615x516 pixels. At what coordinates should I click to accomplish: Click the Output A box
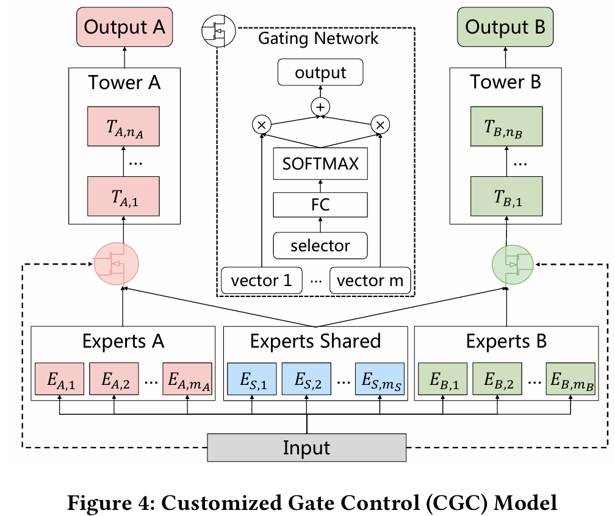124,27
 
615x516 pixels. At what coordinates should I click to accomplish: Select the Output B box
505,27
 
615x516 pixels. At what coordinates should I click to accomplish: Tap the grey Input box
306,448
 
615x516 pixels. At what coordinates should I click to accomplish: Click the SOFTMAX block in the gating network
320,164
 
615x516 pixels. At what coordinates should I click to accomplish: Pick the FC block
320,204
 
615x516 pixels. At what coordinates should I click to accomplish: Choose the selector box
320,245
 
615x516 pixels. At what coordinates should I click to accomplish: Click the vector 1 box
261,281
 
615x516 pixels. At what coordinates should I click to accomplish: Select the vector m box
370,281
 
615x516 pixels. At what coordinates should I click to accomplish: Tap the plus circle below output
320,107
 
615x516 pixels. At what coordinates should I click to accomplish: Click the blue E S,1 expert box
252,381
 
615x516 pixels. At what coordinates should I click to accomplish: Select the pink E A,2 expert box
114,381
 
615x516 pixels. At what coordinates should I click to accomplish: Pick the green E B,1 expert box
442,381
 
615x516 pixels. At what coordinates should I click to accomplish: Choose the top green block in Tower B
505,126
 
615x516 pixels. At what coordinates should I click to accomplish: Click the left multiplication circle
261,124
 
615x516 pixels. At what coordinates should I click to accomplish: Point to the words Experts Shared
316,341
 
